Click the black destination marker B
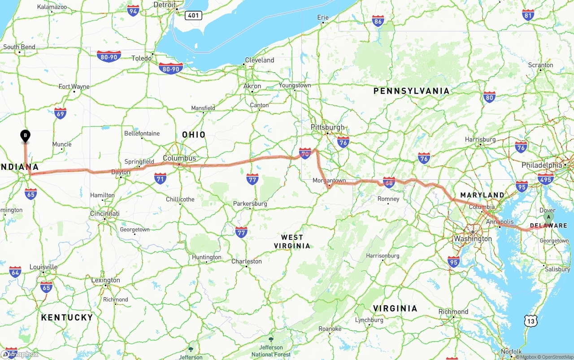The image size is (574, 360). click(x=26, y=135)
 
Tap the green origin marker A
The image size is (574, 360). click(x=548, y=217)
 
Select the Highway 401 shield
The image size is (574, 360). click(x=193, y=16)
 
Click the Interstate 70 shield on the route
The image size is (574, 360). click(x=305, y=154)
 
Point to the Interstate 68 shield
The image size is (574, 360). click(x=389, y=182)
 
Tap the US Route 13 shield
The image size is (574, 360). click(x=531, y=321)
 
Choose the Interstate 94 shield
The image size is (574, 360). click(x=133, y=11)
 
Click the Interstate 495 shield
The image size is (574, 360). click(x=545, y=179)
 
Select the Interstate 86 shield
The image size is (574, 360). click(x=378, y=21)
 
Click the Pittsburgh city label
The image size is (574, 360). click(x=328, y=127)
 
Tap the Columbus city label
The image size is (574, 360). click(x=179, y=158)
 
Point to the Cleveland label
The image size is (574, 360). click(x=260, y=60)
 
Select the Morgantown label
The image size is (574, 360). click(x=330, y=180)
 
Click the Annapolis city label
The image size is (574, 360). click(x=500, y=221)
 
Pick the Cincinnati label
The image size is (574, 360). click(x=105, y=213)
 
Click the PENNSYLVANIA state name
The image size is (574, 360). click(x=411, y=91)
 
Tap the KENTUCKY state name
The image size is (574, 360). click(x=67, y=317)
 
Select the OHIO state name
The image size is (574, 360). click(x=194, y=134)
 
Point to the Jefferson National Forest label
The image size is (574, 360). click(x=271, y=351)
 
